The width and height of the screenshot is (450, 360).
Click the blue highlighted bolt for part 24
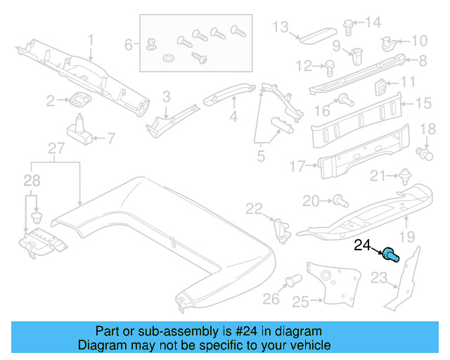point(391,255)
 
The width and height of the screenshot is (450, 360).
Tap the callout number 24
point(363,245)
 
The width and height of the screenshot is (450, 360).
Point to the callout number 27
point(56,148)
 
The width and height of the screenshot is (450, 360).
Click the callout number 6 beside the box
point(129,45)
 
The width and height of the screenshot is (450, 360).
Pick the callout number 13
point(281,27)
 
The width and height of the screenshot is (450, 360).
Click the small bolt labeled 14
point(349,25)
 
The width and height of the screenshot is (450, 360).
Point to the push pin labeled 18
point(424,151)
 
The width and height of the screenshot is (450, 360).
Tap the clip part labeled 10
point(389,43)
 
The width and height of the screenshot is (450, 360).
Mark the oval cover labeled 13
point(317,32)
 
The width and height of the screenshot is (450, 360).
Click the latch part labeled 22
point(282,226)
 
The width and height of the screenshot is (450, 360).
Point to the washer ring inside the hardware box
point(169,56)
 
